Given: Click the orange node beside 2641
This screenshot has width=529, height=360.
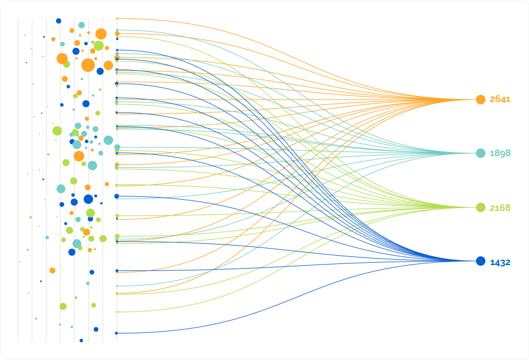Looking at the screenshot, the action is pos(481,100).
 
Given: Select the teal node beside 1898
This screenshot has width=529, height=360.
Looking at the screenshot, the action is pos(481,153).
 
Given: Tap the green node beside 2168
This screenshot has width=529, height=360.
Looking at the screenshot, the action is pos(481,207).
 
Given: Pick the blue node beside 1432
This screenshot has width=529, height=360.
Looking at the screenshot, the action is pos(481,261).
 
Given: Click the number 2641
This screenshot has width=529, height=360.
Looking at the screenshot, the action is pos(500,99).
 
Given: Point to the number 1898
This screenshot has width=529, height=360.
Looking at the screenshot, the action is pos(500,153).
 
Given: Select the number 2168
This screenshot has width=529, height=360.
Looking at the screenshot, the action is pos(500,208).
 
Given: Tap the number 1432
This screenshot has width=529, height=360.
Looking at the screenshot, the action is pos(500,263).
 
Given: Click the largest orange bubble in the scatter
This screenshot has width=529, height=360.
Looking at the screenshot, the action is pos(88,65).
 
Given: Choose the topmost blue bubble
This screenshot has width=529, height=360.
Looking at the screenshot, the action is pos(58,21).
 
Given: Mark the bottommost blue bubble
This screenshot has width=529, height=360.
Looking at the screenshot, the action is pos(81,341).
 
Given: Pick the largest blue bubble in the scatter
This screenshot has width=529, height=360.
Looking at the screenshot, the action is pos(88,199).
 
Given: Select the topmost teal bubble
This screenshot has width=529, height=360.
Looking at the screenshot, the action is pos(81,25).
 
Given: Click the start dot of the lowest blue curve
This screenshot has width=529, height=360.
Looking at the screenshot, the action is pos(117,333).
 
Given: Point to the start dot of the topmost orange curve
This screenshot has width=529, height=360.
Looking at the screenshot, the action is pos(117,18).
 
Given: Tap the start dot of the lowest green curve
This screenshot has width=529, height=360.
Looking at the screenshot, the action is pos(117,312).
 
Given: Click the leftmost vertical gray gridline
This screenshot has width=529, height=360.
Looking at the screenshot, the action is pos(18,180).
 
